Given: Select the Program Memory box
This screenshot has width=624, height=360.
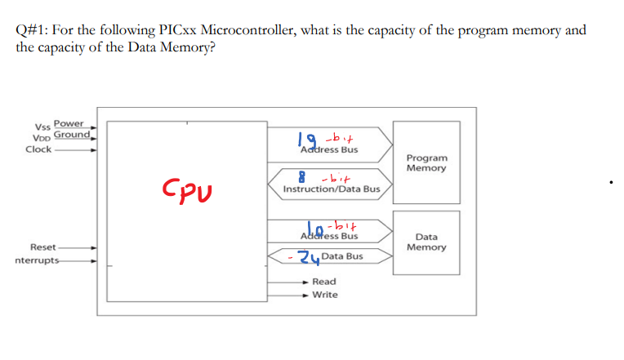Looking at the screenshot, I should pyautogui.click(x=426, y=162).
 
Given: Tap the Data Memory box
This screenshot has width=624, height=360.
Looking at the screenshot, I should pyautogui.click(x=426, y=242).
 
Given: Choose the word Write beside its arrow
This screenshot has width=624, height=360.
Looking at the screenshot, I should pyautogui.click(x=324, y=295).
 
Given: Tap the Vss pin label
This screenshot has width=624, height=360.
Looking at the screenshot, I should pyautogui.click(x=42, y=127).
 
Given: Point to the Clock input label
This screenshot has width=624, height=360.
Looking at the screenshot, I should pyautogui.click(x=38, y=149).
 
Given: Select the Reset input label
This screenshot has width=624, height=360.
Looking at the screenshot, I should pyautogui.click(x=42, y=247).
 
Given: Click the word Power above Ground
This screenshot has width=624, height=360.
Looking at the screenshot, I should pyautogui.click(x=69, y=123).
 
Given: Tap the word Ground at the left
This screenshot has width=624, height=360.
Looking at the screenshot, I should pyautogui.click(x=71, y=134).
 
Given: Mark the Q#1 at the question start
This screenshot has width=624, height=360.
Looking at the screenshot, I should pyautogui.click(x=30, y=30).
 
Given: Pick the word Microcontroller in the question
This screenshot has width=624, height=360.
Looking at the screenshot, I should pyautogui.click(x=247, y=30).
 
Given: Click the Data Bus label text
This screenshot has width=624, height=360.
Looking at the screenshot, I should pyautogui.click(x=342, y=256).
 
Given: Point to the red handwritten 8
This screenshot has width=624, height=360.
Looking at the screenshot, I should pyautogui.click(x=302, y=174).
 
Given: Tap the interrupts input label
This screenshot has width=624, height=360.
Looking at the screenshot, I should pyautogui.click(x=38, y=261).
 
